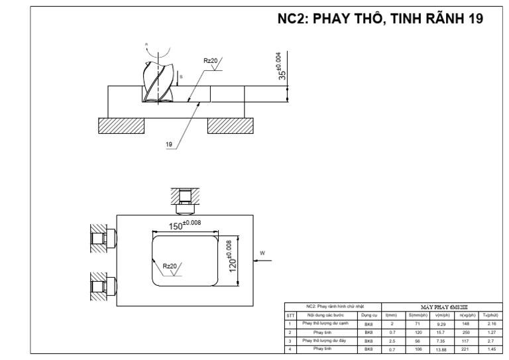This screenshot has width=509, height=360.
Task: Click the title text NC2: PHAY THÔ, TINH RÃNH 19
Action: [x=380, y=19]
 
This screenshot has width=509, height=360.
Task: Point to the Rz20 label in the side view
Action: [x=211, y=61]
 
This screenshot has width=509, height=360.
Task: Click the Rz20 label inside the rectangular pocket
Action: [x=170, y=267]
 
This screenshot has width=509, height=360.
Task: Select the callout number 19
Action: [x=170, y=143]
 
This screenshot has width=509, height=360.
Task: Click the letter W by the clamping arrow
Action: [x=262, y=253]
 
